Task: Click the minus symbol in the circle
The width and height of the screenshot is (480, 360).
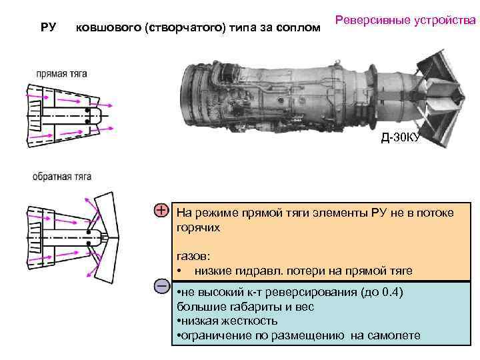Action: pos(161,286)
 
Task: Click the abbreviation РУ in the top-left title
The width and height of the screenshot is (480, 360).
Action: pos(48,27)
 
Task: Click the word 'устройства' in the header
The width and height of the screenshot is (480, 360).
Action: pos(447,20)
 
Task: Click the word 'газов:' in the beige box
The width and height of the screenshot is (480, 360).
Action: pos(193,256)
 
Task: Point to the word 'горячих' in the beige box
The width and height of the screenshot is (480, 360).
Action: pos(199,227)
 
